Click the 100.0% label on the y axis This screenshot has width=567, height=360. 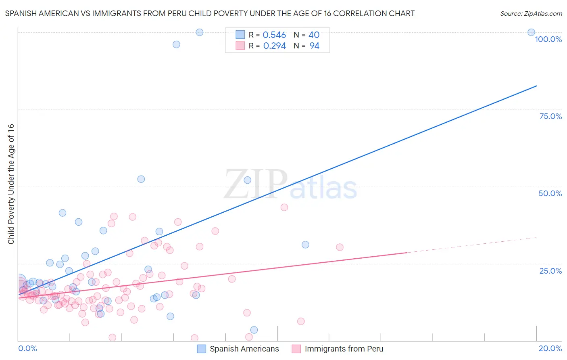click(x=548, y=39)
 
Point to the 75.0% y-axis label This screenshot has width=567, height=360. click(x=550, y=116)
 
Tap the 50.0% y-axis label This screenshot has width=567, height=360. click(x=550, y=193)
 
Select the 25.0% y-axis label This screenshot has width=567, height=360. click(x=550, y=271)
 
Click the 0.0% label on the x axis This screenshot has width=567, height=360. click(x=27, y=348)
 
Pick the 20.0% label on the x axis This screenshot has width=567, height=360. click(x=550, y=348)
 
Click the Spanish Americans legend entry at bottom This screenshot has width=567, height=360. click(x=244, y=349)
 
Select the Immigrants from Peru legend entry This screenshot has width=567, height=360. click(x=344, y=349)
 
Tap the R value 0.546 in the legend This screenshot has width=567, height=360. click(x=274, y=35)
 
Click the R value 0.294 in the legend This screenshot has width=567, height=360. click(x=274, y=46)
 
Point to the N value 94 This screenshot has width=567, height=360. click(x=314, y=46)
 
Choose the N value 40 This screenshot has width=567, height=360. click(x=314, y=35)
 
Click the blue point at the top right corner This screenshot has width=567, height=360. click(x=531, y=32)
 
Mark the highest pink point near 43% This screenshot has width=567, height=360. click(x=284, y=207)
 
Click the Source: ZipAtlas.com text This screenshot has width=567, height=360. click(x=531, y=14)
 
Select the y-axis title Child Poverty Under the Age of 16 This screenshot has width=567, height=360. click(x=11, y=184)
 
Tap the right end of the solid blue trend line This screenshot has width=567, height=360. click(x=536, y=86)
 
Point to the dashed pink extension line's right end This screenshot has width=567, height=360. click(x=536, y=237)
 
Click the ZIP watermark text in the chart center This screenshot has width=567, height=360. click(x=256, y=184)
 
